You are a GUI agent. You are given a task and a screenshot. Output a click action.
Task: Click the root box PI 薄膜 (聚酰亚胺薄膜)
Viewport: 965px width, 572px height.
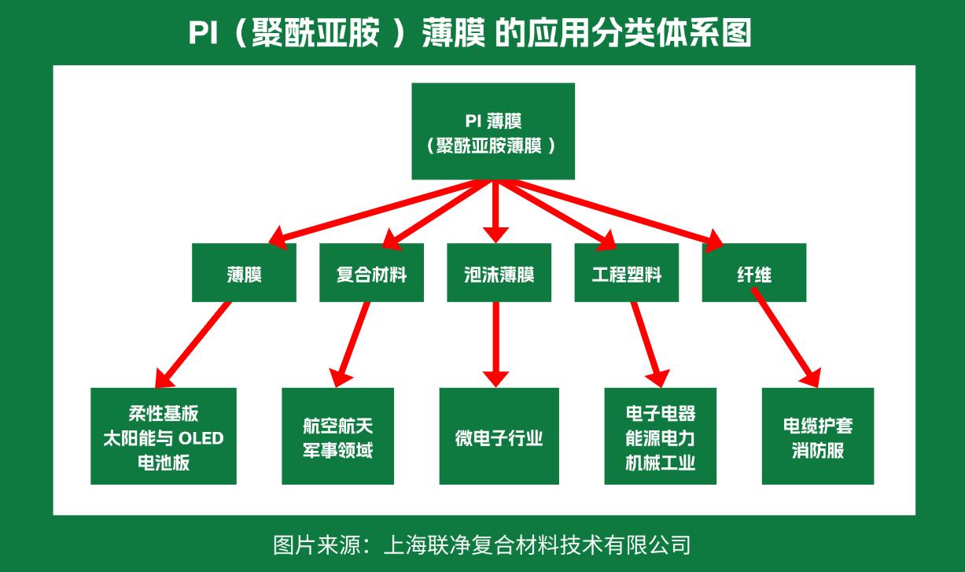(493, 131)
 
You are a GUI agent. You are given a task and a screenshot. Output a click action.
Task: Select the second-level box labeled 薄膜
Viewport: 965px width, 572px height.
(244, 273)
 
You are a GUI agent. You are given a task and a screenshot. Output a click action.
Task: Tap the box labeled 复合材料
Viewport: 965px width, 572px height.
(371, 273)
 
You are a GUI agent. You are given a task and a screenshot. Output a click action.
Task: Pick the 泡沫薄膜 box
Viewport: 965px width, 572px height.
(499, 273)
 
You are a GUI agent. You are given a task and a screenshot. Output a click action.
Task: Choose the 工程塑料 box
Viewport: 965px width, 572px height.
(626, 273)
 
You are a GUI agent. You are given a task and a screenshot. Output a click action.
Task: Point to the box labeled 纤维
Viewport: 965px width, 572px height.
(753, 273)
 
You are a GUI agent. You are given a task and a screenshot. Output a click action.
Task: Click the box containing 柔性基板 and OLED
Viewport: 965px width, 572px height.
(164, 436)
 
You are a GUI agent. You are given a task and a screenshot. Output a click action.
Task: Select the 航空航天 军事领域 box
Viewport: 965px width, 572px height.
(338, 436)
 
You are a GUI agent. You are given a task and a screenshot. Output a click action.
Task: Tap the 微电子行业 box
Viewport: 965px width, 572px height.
(499, 436)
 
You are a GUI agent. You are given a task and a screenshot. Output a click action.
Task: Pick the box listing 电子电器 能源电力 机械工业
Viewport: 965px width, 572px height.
(661, 436)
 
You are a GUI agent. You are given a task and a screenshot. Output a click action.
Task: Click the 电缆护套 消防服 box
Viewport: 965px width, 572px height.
(818, 436)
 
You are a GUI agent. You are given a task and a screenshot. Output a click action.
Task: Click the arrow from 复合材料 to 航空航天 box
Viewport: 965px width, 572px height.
(352, 342)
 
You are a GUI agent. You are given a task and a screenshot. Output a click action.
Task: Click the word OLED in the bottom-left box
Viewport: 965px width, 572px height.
(199, 438)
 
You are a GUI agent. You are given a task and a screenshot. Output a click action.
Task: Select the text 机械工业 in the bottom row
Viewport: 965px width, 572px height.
(661, 462)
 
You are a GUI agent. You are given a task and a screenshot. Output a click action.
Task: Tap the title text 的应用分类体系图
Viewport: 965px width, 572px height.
(624, 34)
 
